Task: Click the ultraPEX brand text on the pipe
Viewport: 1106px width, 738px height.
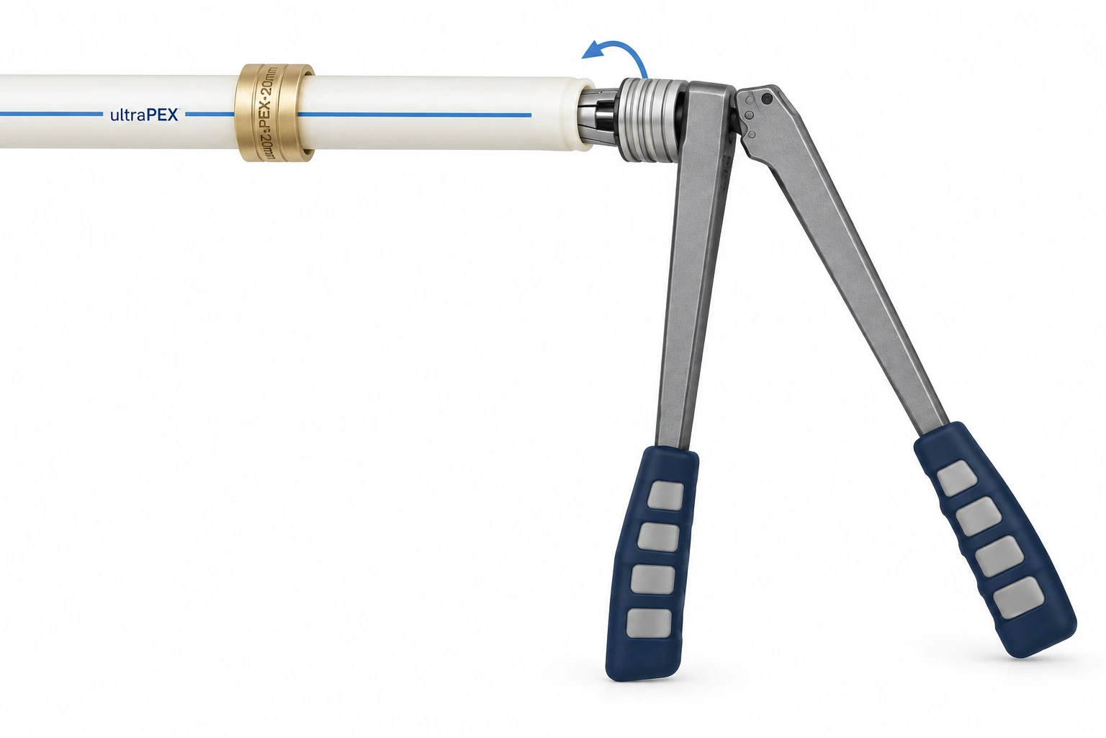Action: pyautogui.click(x=144, y=115)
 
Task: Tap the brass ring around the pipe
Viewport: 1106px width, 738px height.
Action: pyautogui.click(x=274, y=112)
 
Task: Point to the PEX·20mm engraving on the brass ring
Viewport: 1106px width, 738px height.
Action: pyautogui.click(x=267, y=112)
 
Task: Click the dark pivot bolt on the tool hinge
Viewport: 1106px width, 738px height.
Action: pyautogui.click(x=767, y=99)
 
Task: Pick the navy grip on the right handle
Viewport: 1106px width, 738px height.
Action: pyautogui.click(x=995, y=540)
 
